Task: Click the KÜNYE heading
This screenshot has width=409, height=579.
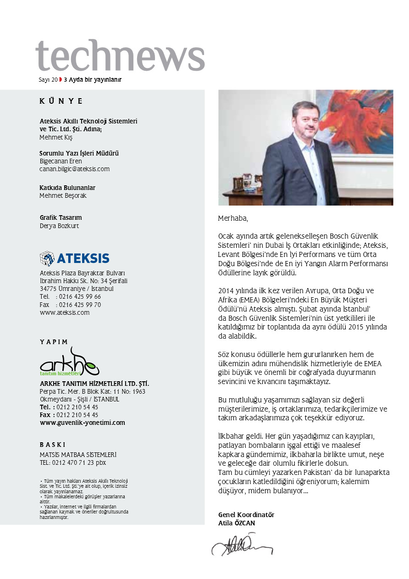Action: coord(61,101)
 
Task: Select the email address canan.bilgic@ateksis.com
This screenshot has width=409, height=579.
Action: coord(74,169)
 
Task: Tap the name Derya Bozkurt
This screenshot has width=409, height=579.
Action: coord(59,226)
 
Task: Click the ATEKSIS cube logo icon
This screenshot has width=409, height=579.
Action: coord(47,258)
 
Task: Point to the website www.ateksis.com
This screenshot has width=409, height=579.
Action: coord(65,312)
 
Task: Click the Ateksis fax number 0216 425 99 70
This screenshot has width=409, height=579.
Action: coord(80,305)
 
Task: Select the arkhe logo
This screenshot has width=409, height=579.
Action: coord(69,362)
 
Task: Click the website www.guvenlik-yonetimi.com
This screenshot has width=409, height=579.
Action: coord(83,423)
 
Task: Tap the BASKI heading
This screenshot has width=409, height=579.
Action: coord(53,445)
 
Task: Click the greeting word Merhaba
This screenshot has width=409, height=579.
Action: coord(233,217)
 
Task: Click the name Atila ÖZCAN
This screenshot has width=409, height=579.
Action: coord(237,523)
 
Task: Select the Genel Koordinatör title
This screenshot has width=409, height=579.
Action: coord(246,515)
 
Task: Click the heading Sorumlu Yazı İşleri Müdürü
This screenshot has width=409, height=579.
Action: coord(79,153)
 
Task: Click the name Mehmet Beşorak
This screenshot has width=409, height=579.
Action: coord(63,195)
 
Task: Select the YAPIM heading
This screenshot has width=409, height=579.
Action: coord(54,342)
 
